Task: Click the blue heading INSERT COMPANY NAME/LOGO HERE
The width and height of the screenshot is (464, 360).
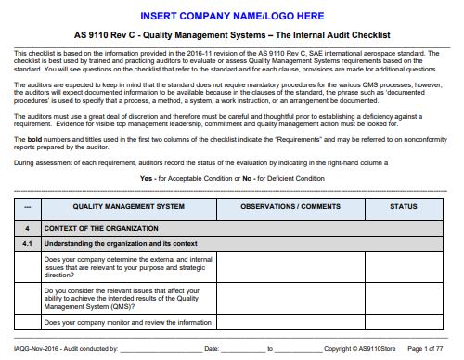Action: tap(232, 16)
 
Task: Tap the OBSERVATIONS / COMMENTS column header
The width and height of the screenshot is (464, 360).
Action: tap(290, 205)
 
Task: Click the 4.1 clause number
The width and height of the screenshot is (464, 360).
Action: tap(28, 243)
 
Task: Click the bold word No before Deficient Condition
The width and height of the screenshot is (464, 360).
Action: tap(235, 177)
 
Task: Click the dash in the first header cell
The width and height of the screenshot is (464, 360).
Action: tap(28, 205)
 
